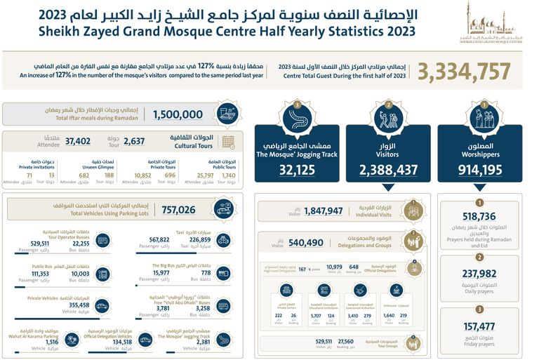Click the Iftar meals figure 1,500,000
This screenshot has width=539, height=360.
click(178, 114)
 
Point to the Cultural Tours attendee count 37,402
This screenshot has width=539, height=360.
click(78, 141)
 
